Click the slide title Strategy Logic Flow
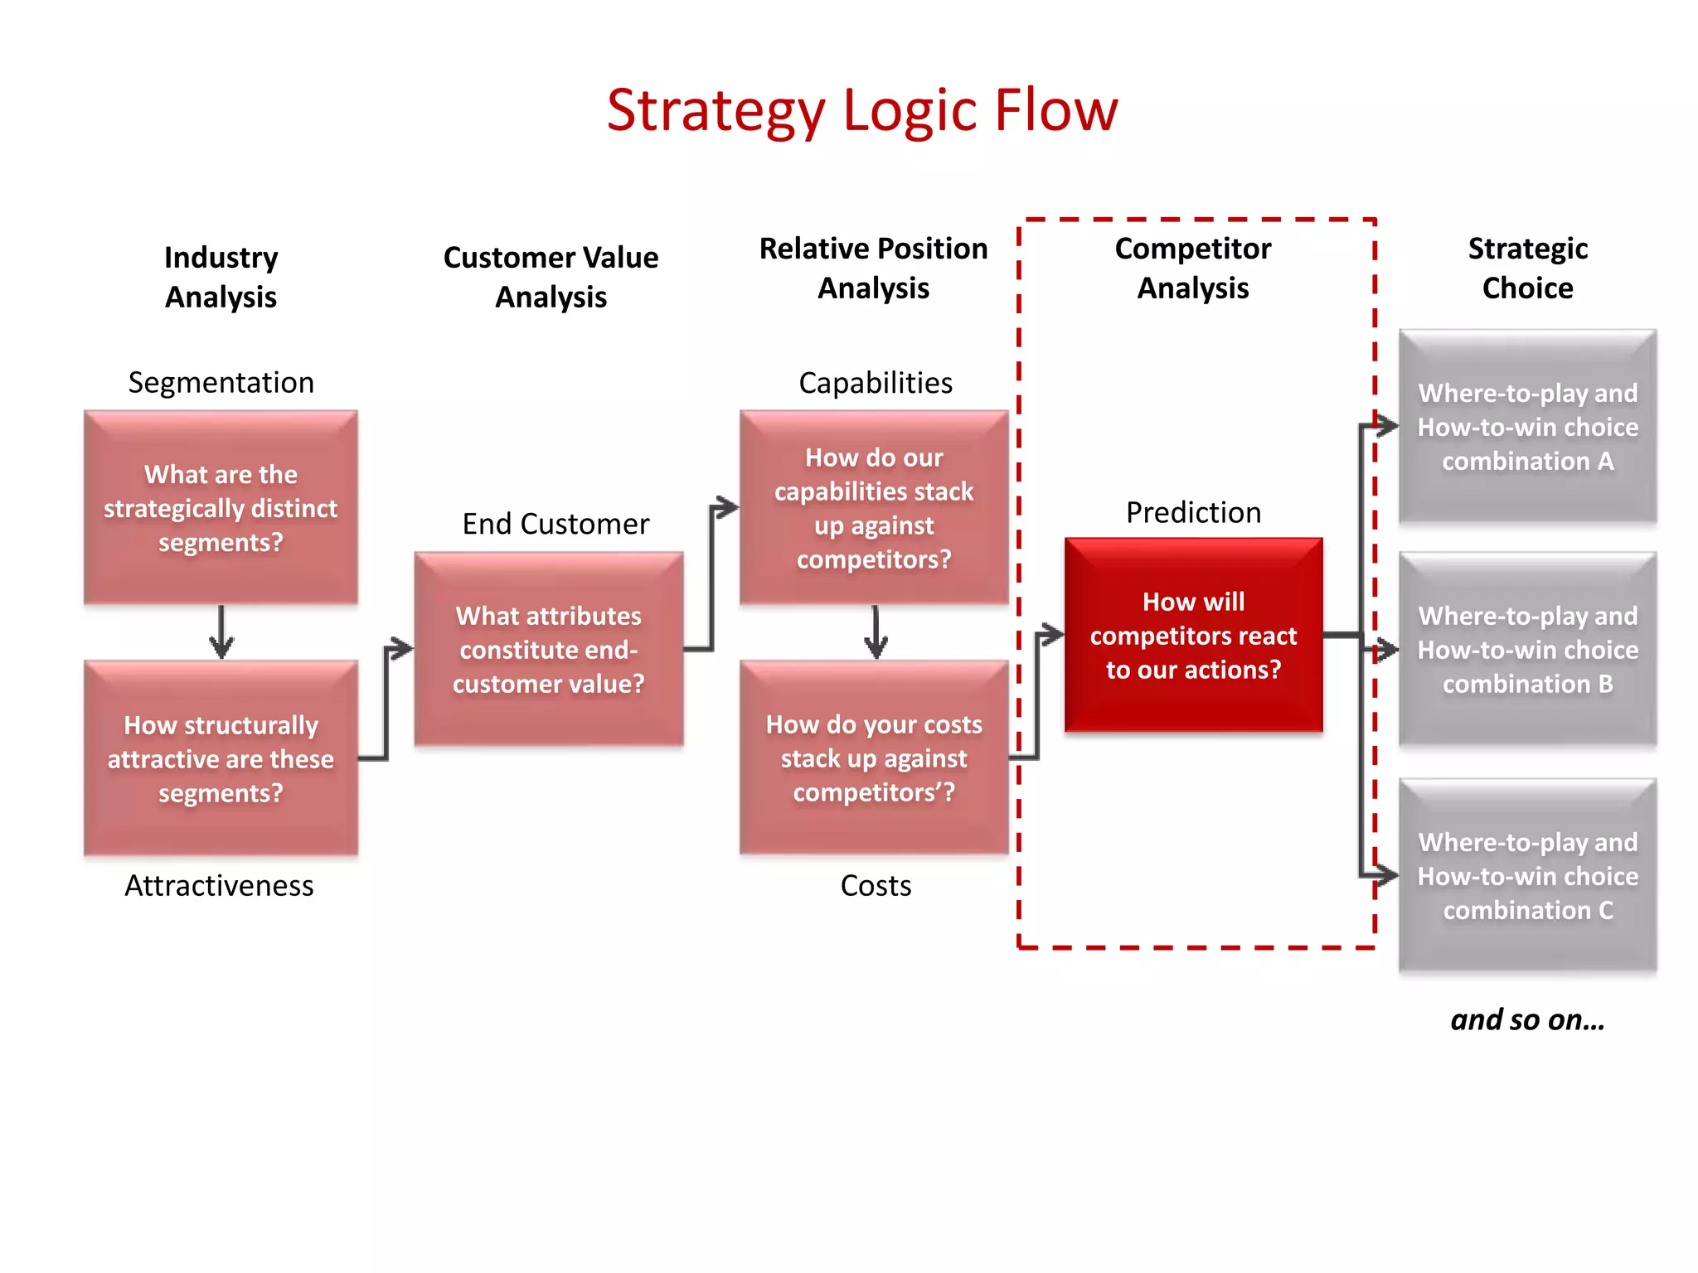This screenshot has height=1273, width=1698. [x=862, y=110]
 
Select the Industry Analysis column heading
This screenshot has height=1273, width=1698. [x=221, y=277]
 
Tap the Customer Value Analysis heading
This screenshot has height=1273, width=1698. [x=551, y=277]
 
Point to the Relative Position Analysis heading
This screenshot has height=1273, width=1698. [x=873, y=268]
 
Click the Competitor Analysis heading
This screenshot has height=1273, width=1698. [x=1192, y=268]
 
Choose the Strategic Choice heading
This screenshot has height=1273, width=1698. [x=1527, y=268]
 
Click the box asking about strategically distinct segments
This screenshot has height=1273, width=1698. [x=221, y=507]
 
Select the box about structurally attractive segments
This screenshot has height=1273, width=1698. [x=221, y=758]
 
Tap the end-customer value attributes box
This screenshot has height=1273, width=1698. [x=549, y=649]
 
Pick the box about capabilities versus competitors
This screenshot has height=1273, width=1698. [x=874, y=507]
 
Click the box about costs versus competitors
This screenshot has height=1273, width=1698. [x=874, y=758]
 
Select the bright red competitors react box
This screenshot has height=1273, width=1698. [x=1193, y=635]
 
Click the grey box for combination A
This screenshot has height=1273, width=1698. [x=1527, y=427]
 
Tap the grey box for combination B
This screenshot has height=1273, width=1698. [x=1527, y=649]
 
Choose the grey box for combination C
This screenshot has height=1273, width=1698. [x=1527, y=875]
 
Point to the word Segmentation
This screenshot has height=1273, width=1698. [x=221, y=383]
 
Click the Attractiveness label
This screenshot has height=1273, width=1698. [x=219, y=886]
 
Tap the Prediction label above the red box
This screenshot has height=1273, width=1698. [x=1193, y=513]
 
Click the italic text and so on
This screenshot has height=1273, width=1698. [x=1527, y=1019]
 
